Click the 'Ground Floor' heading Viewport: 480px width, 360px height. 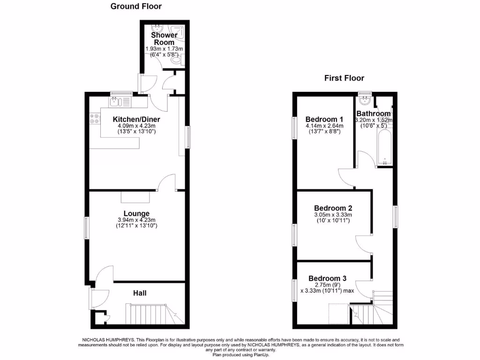click(136, 7)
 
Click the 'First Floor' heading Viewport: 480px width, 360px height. click(344, 78)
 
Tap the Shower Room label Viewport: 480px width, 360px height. click(164, 38)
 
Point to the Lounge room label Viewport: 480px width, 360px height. click(136, 214)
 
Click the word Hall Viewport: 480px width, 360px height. click(140, 293)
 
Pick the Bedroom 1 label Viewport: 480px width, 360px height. click(324, 119)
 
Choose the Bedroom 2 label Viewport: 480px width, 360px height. click(333, 208)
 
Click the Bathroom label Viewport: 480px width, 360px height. click(373, 114)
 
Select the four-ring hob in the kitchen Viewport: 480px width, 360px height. click(93, 119)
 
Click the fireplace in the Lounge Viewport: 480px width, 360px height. click(135, 196)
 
